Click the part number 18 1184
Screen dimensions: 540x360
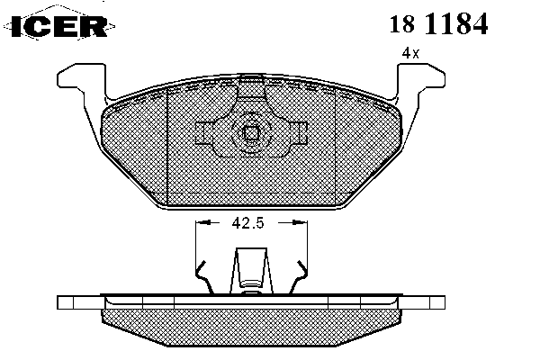[x=438, y=23]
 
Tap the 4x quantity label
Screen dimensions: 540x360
[x=411, y=53]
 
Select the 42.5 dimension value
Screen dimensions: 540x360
[x=248, y=223]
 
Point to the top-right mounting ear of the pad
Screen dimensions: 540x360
[x=421, y=80]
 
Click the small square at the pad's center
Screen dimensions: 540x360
[x=250, y=133]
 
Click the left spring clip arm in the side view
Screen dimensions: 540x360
[x=204, y=277]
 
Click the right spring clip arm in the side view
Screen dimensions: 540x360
[x=299, y=277]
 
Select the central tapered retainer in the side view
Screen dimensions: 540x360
[x=251, y=271]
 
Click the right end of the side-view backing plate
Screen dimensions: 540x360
[x=437, y=302]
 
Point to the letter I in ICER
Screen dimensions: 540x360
[x=17, y=26]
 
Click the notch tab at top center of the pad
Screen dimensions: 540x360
[x=251, y=85]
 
